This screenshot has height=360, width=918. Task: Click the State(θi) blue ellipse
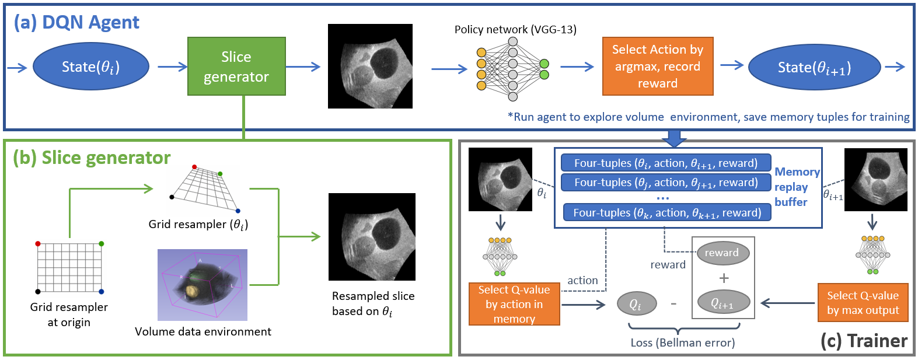coord(91,67)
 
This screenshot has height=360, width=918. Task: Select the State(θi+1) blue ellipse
coord(814,68)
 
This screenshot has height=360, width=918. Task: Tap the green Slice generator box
coord(236,67)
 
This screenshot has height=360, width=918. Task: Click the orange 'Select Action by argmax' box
coord(658,67)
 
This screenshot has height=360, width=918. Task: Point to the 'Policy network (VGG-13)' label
coord(515,30)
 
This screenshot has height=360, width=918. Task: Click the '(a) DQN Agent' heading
coord(76,22)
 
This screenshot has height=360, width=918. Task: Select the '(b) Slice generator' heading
coord(92,158)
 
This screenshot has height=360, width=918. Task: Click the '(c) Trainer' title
coord(864,341)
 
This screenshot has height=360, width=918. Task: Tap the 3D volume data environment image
coord(203,285)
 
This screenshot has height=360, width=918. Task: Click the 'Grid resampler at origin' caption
coord(69,314)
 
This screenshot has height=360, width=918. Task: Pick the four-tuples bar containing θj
coord(665,183)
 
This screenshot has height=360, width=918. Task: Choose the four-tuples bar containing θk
coord(666,212)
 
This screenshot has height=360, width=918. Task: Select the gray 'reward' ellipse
coord(722,253)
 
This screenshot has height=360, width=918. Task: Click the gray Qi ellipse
coord(636,304)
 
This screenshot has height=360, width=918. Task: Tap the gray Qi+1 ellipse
coord(722,303)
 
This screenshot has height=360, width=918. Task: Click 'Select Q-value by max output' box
coord(863,303)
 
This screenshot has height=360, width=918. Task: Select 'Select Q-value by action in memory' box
coord(514,304)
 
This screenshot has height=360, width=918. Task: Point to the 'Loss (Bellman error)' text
coord(682,342)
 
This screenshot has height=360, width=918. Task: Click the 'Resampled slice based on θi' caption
coord(373,303)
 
